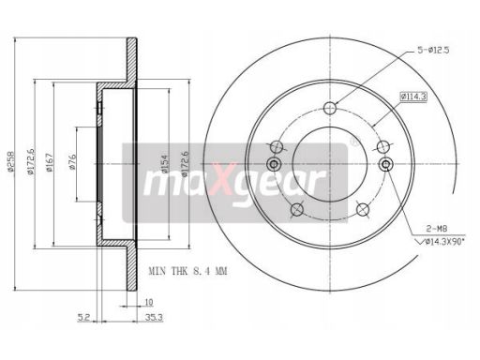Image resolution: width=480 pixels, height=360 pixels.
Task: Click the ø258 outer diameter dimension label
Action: coord(10,161)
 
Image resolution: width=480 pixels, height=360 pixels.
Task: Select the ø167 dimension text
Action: coord(50,161)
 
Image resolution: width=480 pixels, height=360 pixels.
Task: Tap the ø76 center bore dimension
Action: coord(72,162)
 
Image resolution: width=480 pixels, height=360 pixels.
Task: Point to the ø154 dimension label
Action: coord(165,163)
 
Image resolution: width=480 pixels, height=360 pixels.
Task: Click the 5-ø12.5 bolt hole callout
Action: coord(433,50)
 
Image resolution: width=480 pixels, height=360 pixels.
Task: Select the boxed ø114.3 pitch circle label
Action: coord(413,97)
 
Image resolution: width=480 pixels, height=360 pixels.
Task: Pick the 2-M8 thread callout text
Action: coord(437,229)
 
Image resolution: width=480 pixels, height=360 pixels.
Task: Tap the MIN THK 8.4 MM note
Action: coord(187,271)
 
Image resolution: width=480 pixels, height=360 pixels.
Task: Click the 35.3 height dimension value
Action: coord(154,318)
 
